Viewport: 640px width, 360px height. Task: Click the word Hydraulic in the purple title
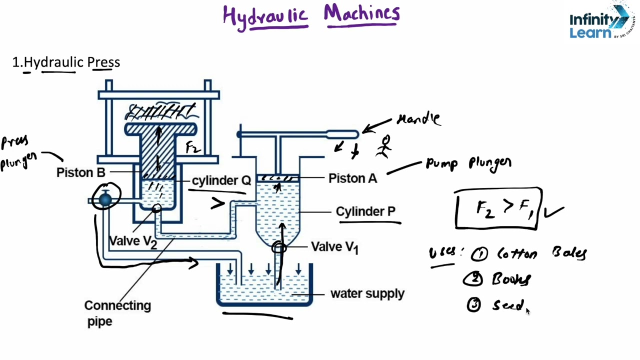coord(265,16)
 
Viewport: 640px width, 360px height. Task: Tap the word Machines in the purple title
coord(361,14)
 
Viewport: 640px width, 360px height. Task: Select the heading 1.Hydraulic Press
coord(66,62)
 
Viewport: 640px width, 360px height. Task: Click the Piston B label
coord(80,172)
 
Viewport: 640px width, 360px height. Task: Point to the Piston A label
coord(352,178)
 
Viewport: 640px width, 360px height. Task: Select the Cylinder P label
coord(365,211)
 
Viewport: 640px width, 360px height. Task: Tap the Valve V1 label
coord(334,247)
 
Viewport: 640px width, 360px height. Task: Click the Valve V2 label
coord(132,241)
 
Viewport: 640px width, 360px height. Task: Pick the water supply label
coord(367,293)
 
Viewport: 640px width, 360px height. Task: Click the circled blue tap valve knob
coord(105,199)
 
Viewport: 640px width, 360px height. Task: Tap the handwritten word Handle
coord(419,119)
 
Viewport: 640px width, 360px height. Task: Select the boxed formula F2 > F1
coord(498,208)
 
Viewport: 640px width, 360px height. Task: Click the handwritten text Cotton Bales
coord(541,253)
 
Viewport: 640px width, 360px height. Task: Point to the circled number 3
coord(473,305)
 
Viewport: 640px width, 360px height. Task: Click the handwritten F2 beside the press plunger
coord(192,147)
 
